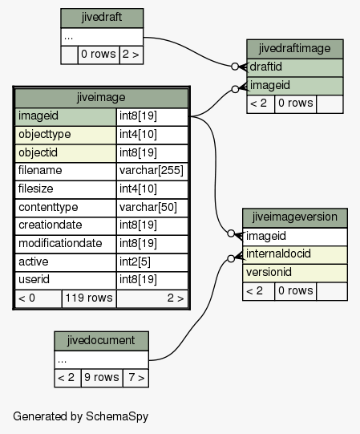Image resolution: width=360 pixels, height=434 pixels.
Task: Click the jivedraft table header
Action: [102, 18]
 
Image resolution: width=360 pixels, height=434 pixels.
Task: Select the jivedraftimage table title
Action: [295, 49]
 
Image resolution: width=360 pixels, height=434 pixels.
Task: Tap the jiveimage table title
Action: [101, 98]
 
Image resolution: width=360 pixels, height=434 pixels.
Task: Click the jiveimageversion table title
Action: [295, 217]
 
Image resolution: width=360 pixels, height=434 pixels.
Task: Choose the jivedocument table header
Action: [101, 341]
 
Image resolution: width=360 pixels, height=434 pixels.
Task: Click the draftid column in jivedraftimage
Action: [295, 67]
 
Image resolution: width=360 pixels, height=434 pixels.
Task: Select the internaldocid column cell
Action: [295, 254]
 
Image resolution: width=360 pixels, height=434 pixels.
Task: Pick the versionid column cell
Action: [295, 273]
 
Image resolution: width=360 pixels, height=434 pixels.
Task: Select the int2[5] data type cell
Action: [152, 262]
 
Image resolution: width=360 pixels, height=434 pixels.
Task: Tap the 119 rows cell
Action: [89, 298]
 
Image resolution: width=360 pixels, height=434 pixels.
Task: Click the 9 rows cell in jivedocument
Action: [102, 378]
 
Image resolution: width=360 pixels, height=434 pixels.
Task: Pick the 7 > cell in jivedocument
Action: [136, 378]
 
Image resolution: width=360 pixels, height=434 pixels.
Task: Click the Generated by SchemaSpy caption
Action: [81, 416]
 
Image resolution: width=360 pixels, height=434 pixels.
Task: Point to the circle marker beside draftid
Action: [235, 67]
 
